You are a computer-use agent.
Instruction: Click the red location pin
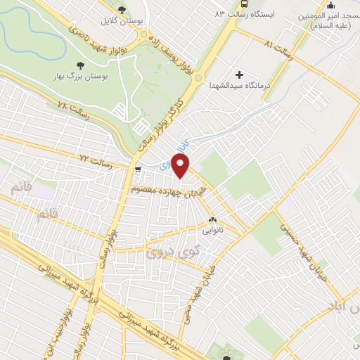pyautogui.click(x=181, y=167)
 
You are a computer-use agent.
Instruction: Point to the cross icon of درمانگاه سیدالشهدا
pyautogui.click(x=240, y=75)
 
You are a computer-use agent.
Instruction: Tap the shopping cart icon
pyautogui.click(x=138, y=169)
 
